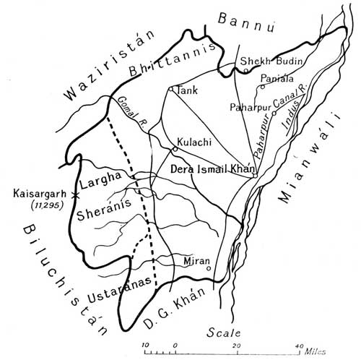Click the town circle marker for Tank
tap(170, 90)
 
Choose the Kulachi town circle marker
tap(174, 150)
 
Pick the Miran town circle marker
tap(209, 268)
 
